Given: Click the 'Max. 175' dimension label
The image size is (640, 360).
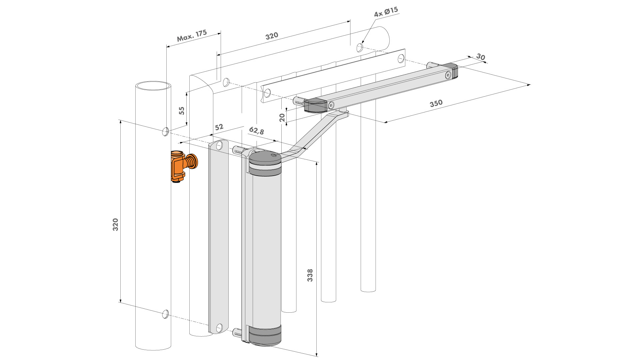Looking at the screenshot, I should coord(192,36).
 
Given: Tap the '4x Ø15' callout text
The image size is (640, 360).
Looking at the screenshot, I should coord(386,12).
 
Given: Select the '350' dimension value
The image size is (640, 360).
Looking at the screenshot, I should coord(436,103).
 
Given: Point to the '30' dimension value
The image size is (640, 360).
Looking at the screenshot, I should coord(480,57).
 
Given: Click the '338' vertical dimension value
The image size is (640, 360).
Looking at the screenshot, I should coord(310,275).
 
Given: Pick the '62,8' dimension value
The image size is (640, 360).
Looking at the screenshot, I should coord(256,131).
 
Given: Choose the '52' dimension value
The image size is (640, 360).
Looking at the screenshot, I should coord(219,127).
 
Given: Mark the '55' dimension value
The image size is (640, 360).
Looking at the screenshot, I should coord(182,111).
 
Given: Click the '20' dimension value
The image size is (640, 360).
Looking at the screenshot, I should coord(282,117).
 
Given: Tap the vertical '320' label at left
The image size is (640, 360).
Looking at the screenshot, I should coord(115,225).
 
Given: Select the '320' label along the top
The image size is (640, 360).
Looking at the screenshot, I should coord(272,36).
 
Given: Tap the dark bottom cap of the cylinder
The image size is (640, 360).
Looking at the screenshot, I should coord(265,337).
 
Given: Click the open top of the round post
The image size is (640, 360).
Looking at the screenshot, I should coord(153,86).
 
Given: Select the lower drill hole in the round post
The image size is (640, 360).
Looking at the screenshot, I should coord(165,314).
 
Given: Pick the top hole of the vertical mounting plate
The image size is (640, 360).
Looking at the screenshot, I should coord(219,146).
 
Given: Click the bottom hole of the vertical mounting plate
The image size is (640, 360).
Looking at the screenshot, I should coord(219,328).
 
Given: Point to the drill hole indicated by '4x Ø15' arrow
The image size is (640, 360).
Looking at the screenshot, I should coord(360,48).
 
